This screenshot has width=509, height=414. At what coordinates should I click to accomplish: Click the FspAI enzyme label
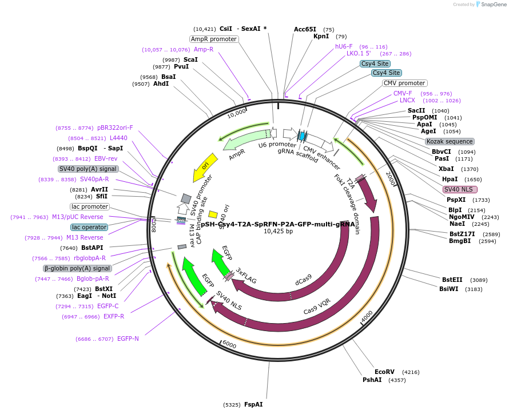coord(253,404)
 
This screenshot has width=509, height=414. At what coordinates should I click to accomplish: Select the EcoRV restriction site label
coord(384,372)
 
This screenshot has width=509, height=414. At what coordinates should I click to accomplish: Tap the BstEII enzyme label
coord(452,280)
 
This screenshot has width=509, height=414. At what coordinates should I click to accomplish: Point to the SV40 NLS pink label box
coord(460,189)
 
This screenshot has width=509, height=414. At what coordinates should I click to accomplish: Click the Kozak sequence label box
coord(449,141)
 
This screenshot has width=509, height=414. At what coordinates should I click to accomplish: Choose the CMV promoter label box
coord(404,83)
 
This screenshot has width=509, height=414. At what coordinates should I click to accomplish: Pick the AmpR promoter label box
coord(214,39)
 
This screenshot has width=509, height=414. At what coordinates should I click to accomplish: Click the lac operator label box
coord(89,227)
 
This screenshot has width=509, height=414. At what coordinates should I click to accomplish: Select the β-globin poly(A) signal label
coord(77,268)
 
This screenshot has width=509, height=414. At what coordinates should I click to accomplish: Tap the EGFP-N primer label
coord(128,339)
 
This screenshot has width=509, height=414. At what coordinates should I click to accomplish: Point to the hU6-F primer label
coord(344,46)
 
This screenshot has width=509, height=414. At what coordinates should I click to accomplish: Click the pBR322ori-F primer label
coord(115,128)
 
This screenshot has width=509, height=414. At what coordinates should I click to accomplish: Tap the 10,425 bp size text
coord(278,232)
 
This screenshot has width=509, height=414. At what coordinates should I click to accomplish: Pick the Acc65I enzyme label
coord(305,29)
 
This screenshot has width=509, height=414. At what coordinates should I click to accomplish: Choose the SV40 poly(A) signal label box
coord(88,169)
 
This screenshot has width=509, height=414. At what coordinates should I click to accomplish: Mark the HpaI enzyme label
coord(450,179)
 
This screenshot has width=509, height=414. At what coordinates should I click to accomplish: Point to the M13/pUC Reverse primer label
coord(78,217)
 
